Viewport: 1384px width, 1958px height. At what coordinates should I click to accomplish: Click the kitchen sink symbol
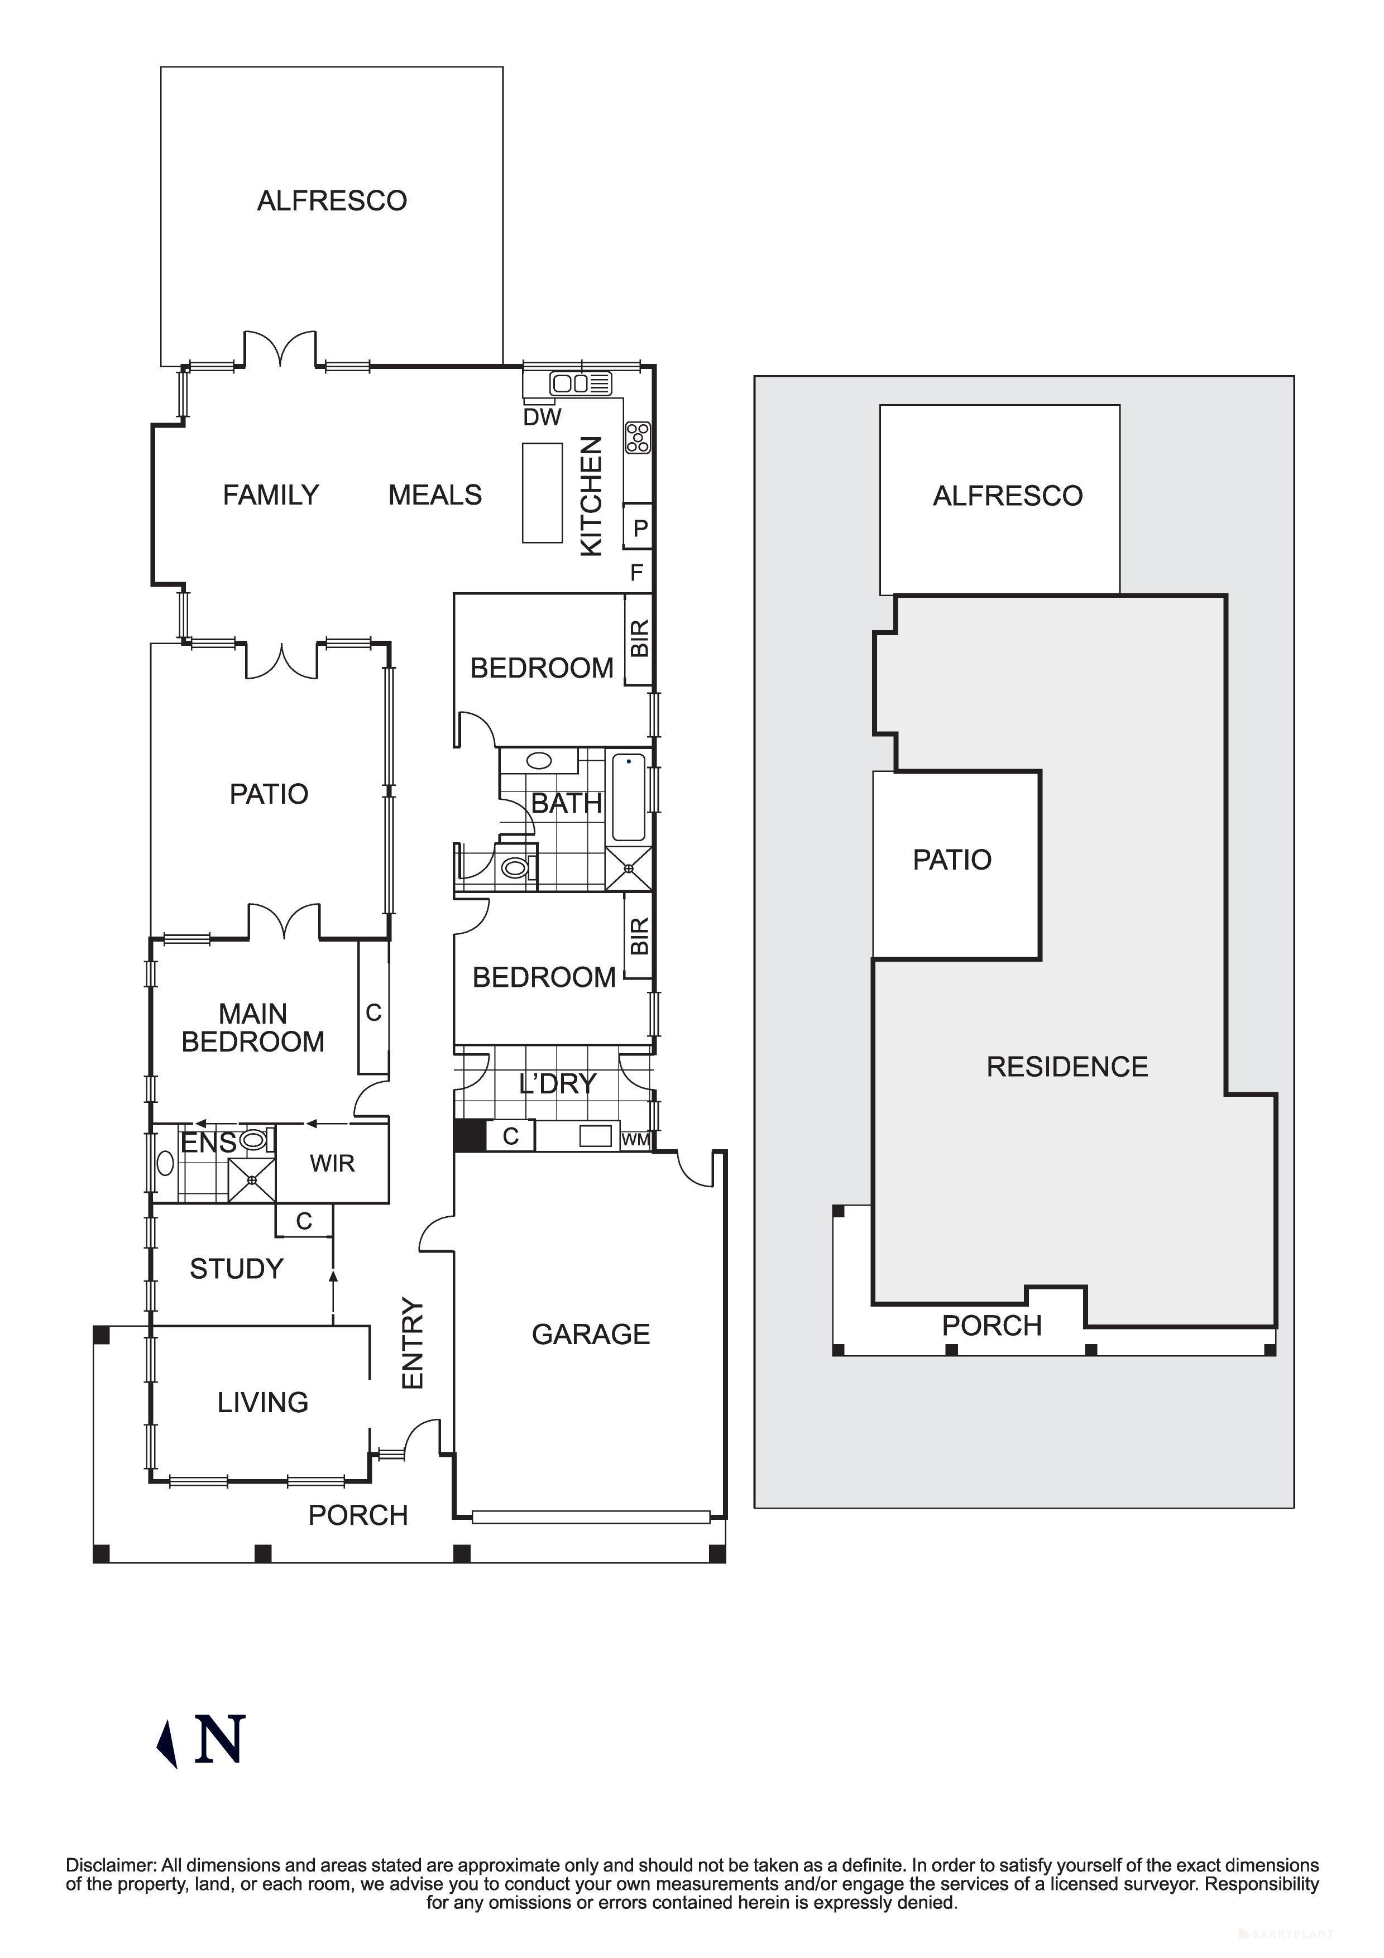(581, 384)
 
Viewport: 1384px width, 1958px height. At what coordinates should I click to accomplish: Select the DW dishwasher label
(542, 417)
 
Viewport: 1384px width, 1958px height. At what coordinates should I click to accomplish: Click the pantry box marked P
(640, 528)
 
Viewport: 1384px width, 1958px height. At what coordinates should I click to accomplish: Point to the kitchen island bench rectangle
(542, 493)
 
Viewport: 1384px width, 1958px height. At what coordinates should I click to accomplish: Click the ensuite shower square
(252, 1179)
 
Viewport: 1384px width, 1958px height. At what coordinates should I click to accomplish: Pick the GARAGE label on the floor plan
(590, 1334)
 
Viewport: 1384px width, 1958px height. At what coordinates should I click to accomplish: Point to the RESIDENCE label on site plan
(1067, 1066)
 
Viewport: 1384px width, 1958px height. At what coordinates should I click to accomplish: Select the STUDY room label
(236, 1268)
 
